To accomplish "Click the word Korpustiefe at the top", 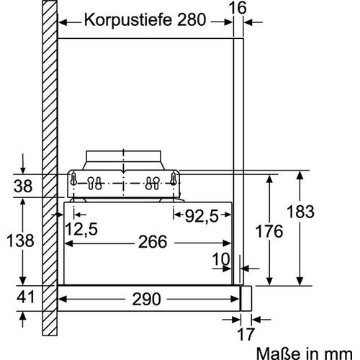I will coord(125,19).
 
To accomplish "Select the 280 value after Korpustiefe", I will coord(188,19).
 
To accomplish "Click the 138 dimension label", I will coord(22,240).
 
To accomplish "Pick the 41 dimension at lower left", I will coord(24,296).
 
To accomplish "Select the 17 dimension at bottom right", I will coord(248,334).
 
